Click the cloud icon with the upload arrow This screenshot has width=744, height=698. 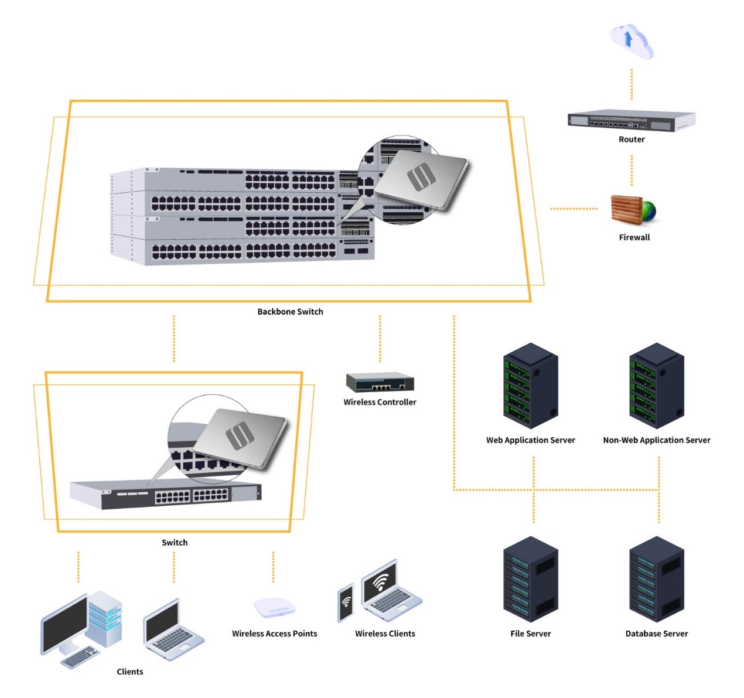(631, 41)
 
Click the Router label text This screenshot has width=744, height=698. (632, 139)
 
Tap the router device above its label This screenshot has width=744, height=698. (631, 120)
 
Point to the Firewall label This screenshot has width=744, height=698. (634, 237)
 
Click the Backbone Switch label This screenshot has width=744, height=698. (290, 312)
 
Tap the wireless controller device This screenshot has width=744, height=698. (380, 382)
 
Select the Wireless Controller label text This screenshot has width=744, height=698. (380, 402)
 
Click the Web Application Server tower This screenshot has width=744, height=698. (531, 386)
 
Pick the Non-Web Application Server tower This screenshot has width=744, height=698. (657, 386)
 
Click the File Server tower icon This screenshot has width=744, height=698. (531, 579)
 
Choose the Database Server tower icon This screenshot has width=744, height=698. (657, 579)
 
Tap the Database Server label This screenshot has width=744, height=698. (657, 634)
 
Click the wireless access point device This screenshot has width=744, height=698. (274, 608)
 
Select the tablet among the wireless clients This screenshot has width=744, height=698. (346, 602)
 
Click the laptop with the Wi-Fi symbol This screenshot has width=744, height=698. (390, 589)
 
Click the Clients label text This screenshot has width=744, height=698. (130, 672)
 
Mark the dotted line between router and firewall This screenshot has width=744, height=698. (632, 170)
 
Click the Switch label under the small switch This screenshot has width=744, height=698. (175, 543)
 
